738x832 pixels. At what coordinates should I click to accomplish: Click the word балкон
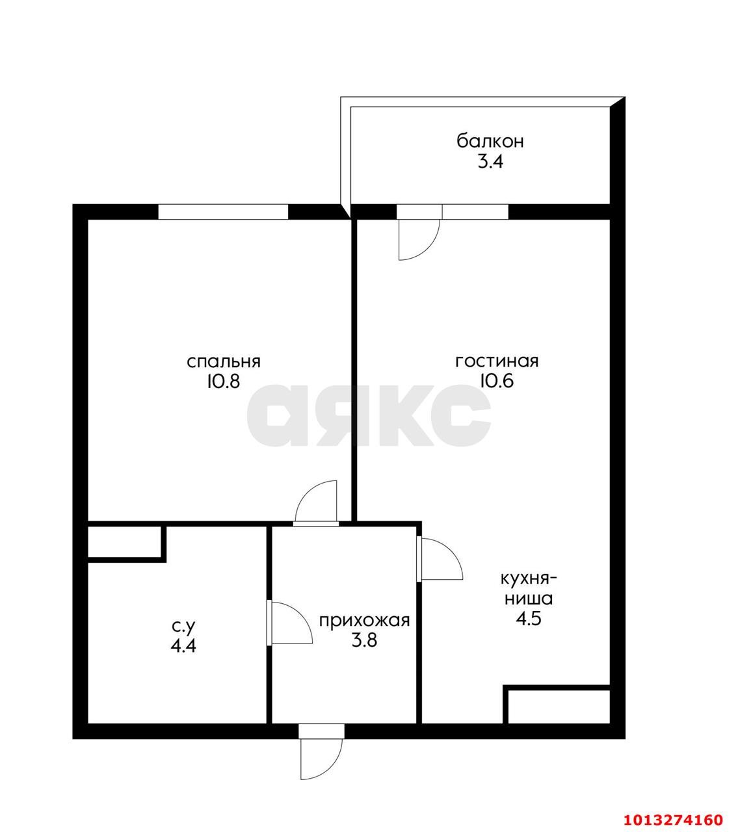click(x=490, y=141)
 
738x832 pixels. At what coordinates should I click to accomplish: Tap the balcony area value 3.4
click(x=490, y=162)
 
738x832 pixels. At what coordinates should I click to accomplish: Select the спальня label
click(x=224, y=362)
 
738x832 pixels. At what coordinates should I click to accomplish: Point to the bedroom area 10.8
click(x=224, y=382)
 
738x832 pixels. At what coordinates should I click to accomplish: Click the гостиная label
click(x=497, y=361)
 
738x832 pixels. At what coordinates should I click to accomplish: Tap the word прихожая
click(x=365, y=620)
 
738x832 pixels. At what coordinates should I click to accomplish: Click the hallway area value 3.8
click(x=365, y=640)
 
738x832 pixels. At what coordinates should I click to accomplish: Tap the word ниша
click(x=529, y=599)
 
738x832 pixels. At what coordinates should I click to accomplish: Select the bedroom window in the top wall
click(x=223, y=211)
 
